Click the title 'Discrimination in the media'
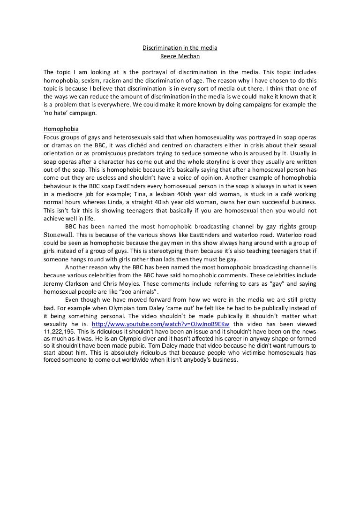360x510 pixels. (x=180, y=48)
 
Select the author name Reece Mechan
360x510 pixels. (x=180, y=56)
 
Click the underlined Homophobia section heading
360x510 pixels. (x=61, y=129)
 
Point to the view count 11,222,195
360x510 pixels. (x=60, y=331)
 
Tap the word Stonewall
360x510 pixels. (x=59, y=234)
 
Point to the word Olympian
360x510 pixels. (x=122, y=308)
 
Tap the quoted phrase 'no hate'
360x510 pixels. (x=56, y=113)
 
